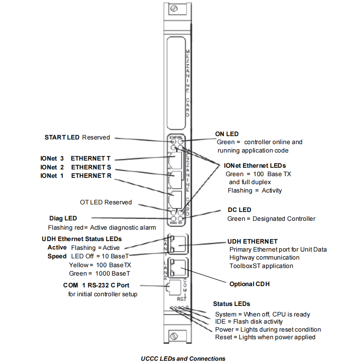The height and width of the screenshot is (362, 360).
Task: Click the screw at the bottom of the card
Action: pos(174,336)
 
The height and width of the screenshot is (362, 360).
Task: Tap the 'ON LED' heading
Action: pos(227,134)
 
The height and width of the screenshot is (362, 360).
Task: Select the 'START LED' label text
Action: pos(61,137)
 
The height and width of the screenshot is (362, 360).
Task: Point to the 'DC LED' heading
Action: pos(239,210)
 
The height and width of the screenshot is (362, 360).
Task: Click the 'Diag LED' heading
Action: pos(63,218)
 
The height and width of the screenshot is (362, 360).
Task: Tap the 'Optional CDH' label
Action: pos(249,284)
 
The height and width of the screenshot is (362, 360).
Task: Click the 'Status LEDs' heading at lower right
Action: pos(231,304)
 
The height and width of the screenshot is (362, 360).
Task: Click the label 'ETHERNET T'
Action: pos(91,158)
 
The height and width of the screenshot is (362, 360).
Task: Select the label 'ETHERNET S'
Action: pos(91,167)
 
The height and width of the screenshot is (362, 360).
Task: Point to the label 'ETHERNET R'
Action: pos(91,175)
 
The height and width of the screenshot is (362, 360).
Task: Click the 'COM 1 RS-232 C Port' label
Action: pos(96,285)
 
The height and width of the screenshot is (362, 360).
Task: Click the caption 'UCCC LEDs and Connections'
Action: pos(183,359)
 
